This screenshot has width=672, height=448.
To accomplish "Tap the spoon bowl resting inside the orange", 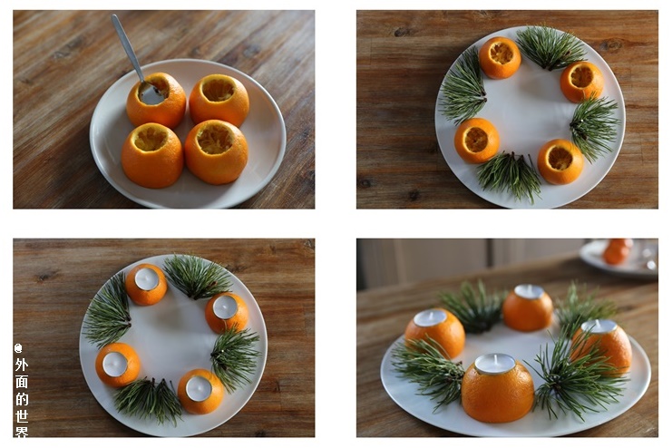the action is pyautogui.click(x=151, y=93).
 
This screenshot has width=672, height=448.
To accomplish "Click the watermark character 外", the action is pyautogui.click(x=22, y=365).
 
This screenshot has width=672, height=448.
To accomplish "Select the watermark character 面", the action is pyautogui.click(x=22, y=382).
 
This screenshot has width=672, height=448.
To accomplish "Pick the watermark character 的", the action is pyautogui.click(x=22, y=399).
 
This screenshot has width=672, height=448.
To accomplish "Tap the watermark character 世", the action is pyautogui.click(x=22, y=416).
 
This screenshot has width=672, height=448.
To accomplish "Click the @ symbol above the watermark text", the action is pyautogui.click(x=18, y=348).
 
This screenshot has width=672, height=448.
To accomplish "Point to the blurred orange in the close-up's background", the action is pyautogui.click(x=617, y=251).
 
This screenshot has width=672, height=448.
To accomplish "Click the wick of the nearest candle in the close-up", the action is pyautogui.click(x=496, y=358).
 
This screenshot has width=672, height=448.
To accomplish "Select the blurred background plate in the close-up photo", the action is pyautogui.click(x=619, y=258).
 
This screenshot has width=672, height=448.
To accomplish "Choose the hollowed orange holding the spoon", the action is pyautogui.click(x=156, y=101).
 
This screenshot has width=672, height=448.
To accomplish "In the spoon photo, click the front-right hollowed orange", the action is pyautogui.click(x=216, y=152).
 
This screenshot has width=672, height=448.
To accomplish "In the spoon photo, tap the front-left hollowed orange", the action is pyautogui.click(x=152, y=156).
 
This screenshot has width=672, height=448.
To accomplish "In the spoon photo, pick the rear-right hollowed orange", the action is pyautogui.click(x=219, y=101).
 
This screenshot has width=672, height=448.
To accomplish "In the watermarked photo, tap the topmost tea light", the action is pyautogui.click(x=147, y=278).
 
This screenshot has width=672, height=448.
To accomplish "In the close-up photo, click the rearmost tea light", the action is pyautogui.click(x=529, y=291).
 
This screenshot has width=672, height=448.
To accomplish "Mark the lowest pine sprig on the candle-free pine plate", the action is pyautogui.click(x=510, y=175).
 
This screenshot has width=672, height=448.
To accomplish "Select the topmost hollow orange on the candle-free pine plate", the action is pyautogui.click(x=500, y=58).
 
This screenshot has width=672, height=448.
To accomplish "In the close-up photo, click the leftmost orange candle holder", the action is pyautogui.click(x=435, y=332).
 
